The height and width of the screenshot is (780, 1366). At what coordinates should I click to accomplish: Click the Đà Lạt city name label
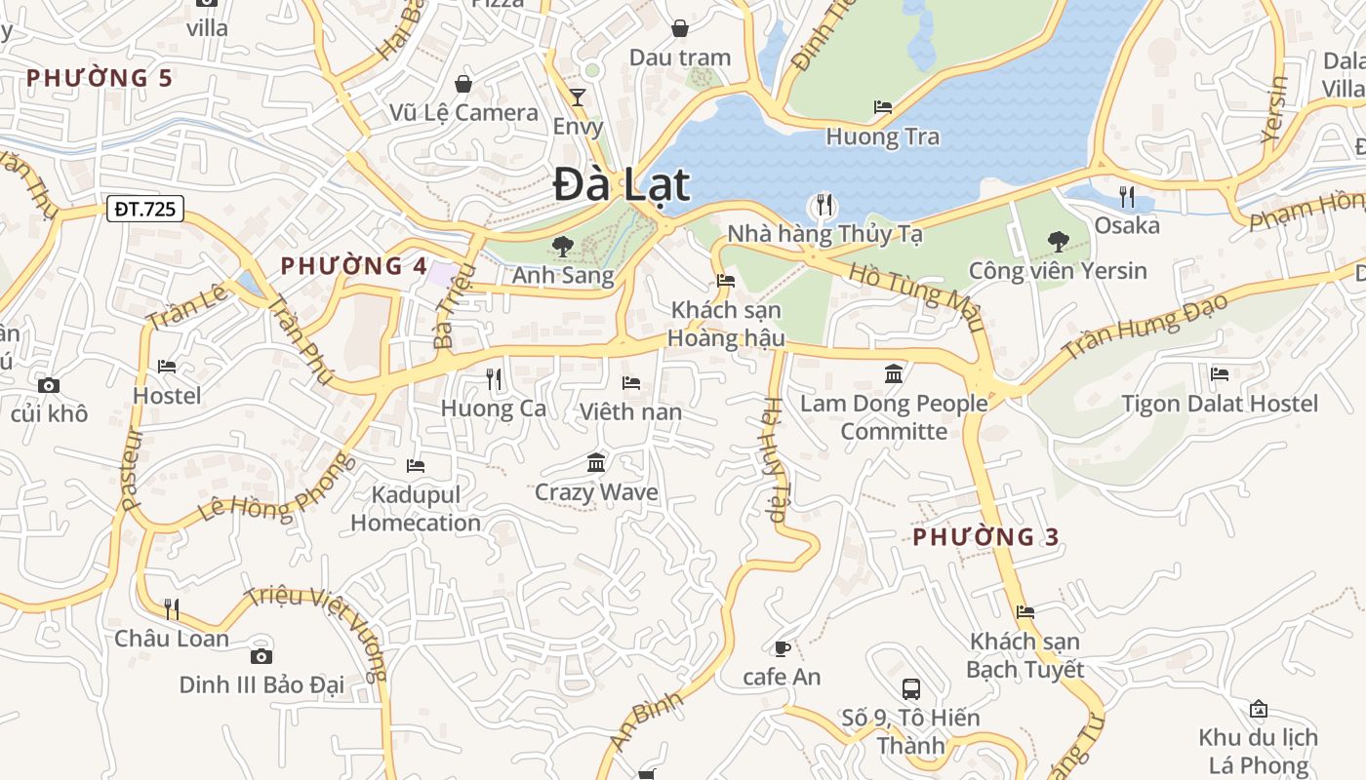pos(622,185)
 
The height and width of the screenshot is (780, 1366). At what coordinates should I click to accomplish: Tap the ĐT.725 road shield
pos(146,208)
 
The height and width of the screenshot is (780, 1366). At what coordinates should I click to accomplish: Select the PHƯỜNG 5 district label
pos(100,78)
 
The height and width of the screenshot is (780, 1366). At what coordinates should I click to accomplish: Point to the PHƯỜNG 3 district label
pos(985,536)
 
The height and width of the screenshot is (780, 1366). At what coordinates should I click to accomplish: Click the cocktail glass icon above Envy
pos(578,97)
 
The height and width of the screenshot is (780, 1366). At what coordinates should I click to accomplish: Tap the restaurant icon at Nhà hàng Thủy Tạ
pos(824,205)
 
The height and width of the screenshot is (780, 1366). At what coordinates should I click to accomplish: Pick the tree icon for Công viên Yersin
pos(1058,241)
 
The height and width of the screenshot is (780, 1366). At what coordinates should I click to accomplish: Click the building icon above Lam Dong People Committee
pos(894,373)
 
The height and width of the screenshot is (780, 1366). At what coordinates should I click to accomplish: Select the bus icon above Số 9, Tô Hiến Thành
pos(910,689)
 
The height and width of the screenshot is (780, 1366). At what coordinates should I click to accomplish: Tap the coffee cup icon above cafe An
pos(782,648)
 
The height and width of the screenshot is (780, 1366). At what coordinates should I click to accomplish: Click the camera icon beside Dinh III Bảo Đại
pos(261,656)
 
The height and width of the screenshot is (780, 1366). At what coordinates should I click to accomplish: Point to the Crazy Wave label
pos(596,492)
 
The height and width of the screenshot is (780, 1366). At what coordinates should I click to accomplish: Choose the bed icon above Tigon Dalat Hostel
pos(1219,373)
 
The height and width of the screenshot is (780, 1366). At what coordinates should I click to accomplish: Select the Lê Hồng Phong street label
pos(278,488)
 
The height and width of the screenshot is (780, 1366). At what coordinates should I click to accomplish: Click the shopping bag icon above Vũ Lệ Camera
pos(463,84)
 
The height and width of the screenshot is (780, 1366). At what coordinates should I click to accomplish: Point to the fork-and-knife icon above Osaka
pos(1127,197)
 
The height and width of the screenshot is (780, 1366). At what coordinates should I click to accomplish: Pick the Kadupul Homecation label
pos(416,509)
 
